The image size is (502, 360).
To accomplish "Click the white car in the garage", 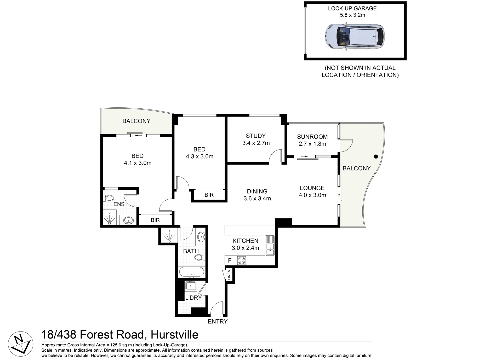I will tap(355, 37).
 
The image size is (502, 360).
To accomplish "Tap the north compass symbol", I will tap(20, 344).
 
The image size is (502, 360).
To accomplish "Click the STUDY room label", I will tap(256, 136).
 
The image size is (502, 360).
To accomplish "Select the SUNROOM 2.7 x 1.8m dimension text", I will tap(312, 144).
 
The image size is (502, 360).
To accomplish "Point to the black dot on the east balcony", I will tap(376, 156).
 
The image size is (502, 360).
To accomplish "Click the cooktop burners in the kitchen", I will tap(241, 260).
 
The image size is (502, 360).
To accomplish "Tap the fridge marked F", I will tap(230, 260).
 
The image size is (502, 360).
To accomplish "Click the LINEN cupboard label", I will tap(229, 275).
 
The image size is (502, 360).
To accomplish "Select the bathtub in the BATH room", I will tap(191, 272).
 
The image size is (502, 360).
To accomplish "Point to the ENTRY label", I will tap(218, 321).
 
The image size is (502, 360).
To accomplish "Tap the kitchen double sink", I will tap(270, 246).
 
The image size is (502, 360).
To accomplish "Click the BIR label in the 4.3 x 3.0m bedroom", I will tap(209, 195).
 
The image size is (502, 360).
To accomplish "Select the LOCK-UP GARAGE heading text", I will tap(352, 8).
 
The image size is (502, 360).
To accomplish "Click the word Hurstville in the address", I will tap(174, 334).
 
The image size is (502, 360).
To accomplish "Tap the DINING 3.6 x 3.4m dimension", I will tap(257, 199).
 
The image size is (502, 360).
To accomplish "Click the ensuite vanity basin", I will tap(128, 220).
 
